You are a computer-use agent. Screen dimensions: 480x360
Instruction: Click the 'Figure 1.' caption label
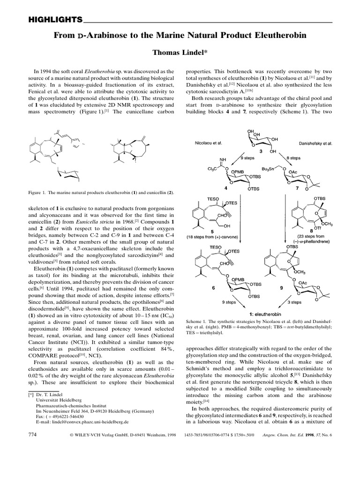click(x=39, y=193)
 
